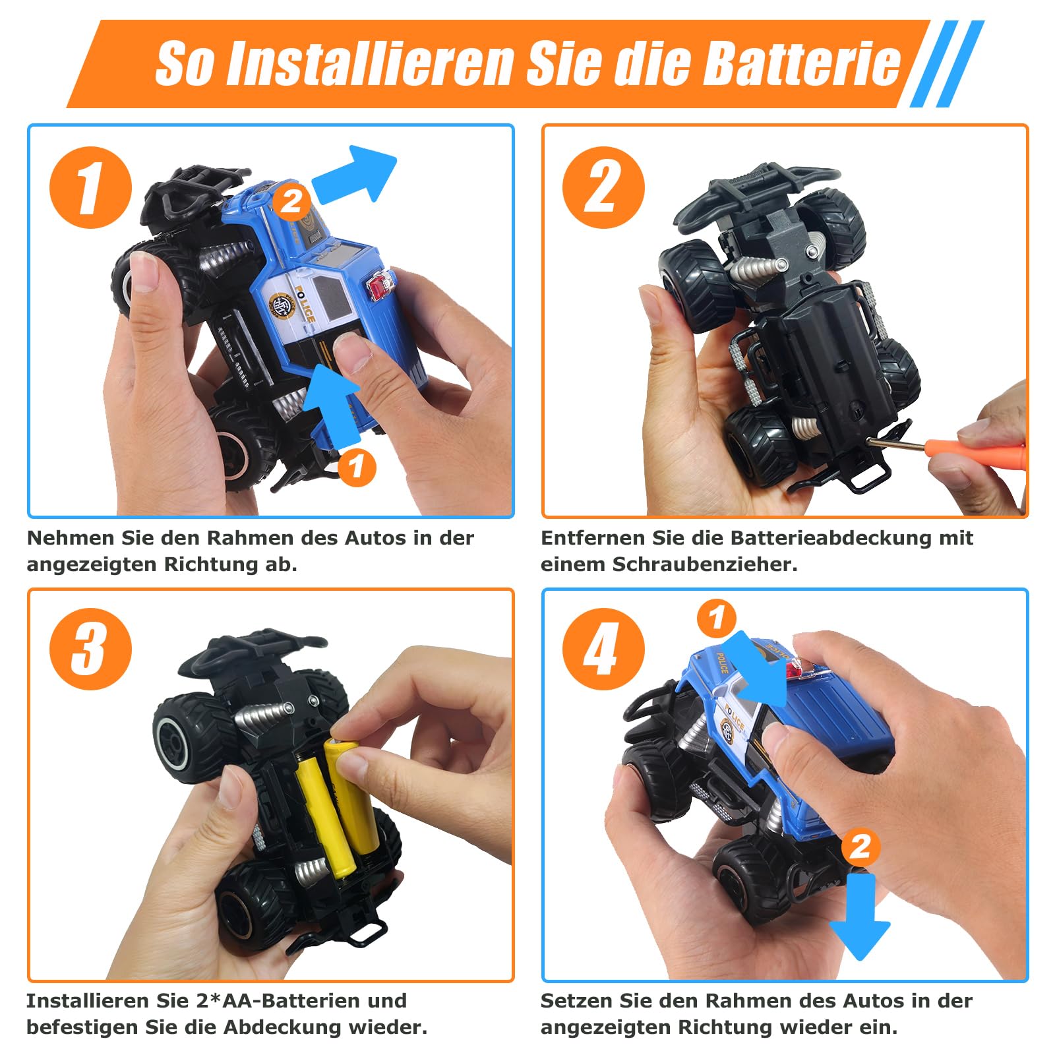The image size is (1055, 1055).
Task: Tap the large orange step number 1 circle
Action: point(91,187)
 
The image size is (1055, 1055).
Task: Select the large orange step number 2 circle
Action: point(603,187)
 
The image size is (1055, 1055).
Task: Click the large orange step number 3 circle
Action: point(91,649)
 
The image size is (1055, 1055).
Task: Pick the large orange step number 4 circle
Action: point(603,649)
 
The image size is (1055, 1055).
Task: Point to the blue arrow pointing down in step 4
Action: point(860,917)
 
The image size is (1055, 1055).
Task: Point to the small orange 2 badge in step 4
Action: point(860,847)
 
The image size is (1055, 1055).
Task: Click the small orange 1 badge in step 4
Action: point(717,618)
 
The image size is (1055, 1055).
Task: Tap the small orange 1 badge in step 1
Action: point(357,467)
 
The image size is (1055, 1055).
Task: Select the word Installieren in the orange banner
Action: point(370,64)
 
